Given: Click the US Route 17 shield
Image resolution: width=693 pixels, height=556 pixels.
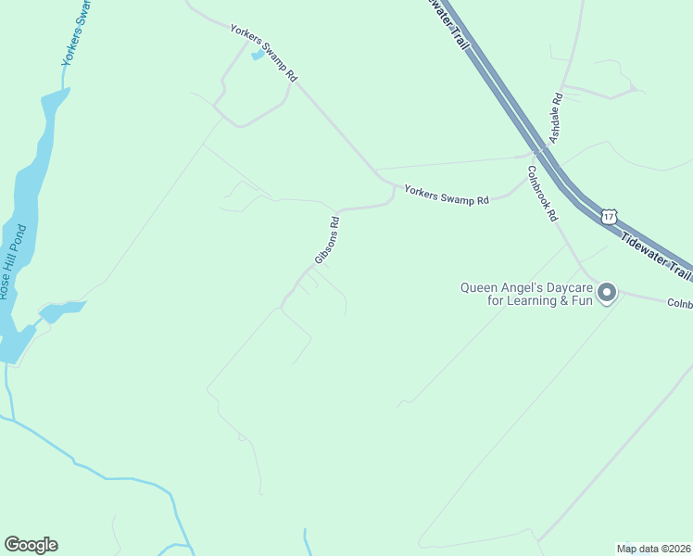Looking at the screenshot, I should click(x=608, y=216).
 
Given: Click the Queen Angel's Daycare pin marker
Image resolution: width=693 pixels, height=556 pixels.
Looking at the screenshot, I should click(x=607, y=293).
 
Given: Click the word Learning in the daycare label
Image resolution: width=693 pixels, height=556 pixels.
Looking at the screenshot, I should click(x=543, y=301).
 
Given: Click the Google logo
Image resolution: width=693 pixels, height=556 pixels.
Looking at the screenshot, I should click(x=31, y=545).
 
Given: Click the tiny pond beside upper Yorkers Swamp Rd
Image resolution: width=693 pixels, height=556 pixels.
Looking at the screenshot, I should click(x=257, y=56).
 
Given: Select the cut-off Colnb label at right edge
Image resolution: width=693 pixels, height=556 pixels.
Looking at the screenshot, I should click(x=679, y=303).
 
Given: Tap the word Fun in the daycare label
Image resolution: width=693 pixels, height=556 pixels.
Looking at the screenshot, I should click(x=580, y=301).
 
